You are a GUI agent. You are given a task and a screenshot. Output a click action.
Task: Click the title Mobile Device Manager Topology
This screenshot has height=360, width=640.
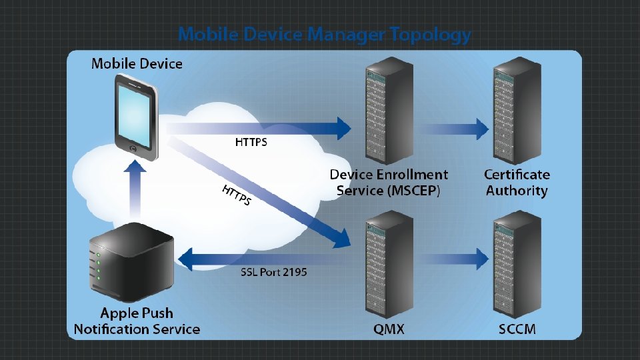point(325,35)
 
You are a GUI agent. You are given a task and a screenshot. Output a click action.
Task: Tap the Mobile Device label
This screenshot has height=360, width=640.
point(137,64)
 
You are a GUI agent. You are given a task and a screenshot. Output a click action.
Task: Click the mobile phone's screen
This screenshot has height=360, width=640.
point(134,116)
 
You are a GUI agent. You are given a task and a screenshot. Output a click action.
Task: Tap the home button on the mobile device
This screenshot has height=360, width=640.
point(133,149)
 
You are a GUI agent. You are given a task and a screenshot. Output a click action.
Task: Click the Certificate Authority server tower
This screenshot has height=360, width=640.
point(517,111)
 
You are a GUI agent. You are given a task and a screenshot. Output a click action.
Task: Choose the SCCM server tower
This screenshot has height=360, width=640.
point(517,265)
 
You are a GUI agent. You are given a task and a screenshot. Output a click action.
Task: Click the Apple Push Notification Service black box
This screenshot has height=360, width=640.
point(131,262)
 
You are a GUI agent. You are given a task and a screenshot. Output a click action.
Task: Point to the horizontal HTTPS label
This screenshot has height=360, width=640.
point(251,142)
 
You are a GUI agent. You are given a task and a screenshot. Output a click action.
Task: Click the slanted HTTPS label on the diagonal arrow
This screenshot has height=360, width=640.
point(236,195)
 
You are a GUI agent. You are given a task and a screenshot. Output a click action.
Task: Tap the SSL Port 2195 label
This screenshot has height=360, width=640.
point(273,272)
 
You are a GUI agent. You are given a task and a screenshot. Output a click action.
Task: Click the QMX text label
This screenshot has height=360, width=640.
point(389,329)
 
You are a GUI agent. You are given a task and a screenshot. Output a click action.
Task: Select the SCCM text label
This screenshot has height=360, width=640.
point(517,329)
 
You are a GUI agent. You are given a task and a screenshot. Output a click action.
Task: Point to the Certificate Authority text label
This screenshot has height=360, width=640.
point(517,183)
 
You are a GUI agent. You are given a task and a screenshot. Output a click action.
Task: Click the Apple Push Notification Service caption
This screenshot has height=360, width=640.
point(137,321)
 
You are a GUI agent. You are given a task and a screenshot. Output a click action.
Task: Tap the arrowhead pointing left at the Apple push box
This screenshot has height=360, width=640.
point(186,259)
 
